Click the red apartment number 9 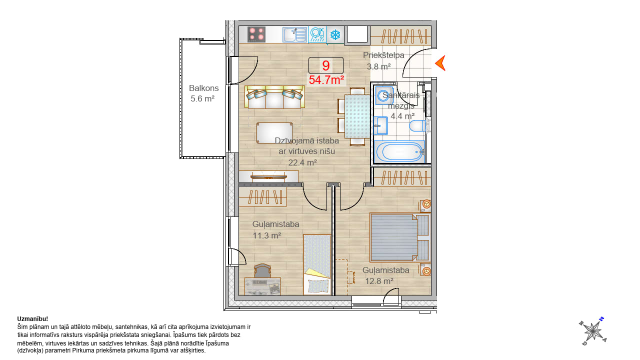pyautogui.click(x=325, y=65)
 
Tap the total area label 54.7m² pyautogui.click(x=326, y=80)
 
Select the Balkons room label pyautogui.click(x=203, y=88)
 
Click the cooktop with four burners pyautogui.click(x=256, y=34)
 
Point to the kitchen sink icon pyautogui.click(x=295, y=34)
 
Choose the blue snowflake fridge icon pyautogui.click(x=335, y=35)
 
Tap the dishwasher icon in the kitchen pyautogui.click(x=317, y=34)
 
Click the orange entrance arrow pyautogui.click(x=440, y=63)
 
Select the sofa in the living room pyautogui.click(x=274, y=97)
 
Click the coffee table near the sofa pyautogui.click(x=274, y=133)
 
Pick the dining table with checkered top pyautogui.click(x=357, y=116)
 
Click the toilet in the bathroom pyautogui.click(x=417, y=125)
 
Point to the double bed pyautogui.click(x=399, y=237)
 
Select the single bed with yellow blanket pyautogui.click(x=317, y=264)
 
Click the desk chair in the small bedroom pyautogui.click(x=262, y=271)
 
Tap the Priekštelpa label pyautogui.click(x=383, y=55)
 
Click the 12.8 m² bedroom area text pyautogui.click(x=379, y=281)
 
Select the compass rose pyautogui.click(x=593, y=331)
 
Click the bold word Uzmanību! pyautogui.click(x=32, y=319)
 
